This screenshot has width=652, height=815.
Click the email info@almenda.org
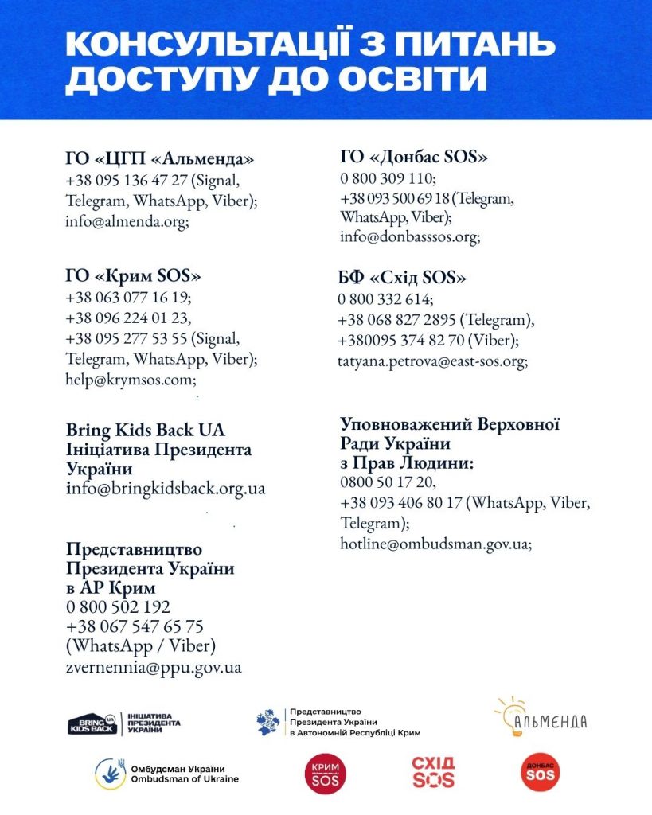127,222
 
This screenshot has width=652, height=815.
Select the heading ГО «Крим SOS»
133,276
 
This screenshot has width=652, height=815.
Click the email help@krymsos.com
131,380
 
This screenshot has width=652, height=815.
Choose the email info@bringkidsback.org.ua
166,488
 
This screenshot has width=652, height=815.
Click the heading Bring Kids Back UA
145,430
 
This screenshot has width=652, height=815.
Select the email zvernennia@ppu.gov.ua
154,667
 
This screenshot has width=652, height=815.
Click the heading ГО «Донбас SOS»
414,157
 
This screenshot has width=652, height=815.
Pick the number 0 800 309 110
388,177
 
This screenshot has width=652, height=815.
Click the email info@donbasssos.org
409,236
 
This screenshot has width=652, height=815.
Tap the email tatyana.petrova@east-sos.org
432,361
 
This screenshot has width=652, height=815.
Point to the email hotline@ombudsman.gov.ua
435,544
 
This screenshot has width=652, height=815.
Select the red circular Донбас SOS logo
539,773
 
